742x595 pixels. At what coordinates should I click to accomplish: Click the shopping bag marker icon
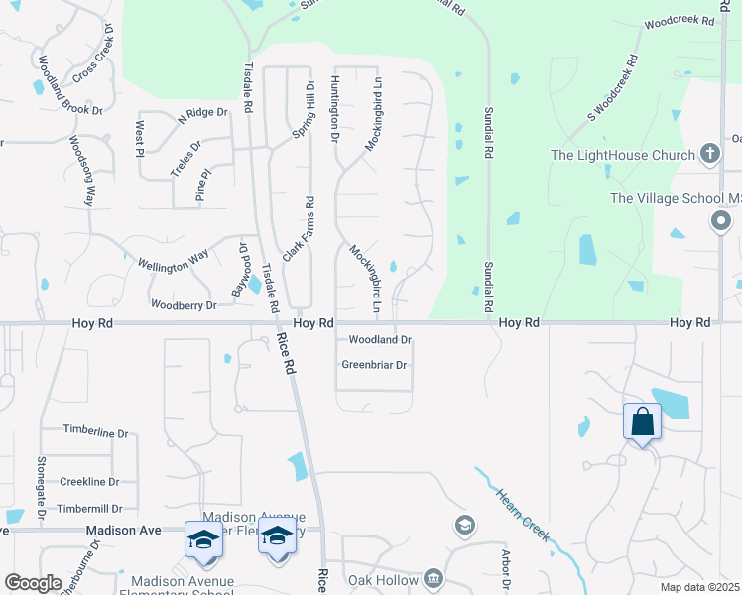(x=643, y=421)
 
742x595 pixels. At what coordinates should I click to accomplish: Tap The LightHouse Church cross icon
(x=709, y=154)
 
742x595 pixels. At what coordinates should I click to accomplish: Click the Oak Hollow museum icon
(x=433, y=578)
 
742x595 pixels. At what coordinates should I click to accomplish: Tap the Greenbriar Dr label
(x=374, y=365)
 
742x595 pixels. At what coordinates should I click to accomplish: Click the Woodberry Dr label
(x=183, y=305)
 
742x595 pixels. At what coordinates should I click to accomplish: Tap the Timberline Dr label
(x=96, y=432)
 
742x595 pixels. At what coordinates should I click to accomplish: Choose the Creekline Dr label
(x=89, y=482)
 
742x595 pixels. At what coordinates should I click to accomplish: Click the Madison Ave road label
(x=123, y=531)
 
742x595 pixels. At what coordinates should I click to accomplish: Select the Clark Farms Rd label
(x=299, y=229)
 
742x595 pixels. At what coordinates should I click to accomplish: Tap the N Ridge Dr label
(x=202, y=115)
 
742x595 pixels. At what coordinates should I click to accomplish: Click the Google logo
(x=32, y=583)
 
